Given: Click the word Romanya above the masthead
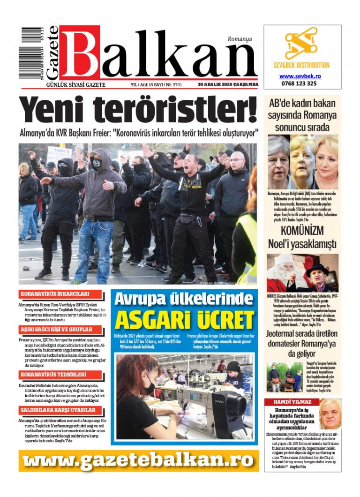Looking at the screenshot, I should click(240, 39).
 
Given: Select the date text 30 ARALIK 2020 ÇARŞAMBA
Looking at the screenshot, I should click(228, 85).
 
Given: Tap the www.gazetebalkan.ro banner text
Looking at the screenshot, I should click(139, 460).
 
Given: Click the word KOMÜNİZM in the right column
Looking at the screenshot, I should click(302, 231).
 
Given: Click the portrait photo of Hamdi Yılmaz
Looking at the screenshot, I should click(329, 414).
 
